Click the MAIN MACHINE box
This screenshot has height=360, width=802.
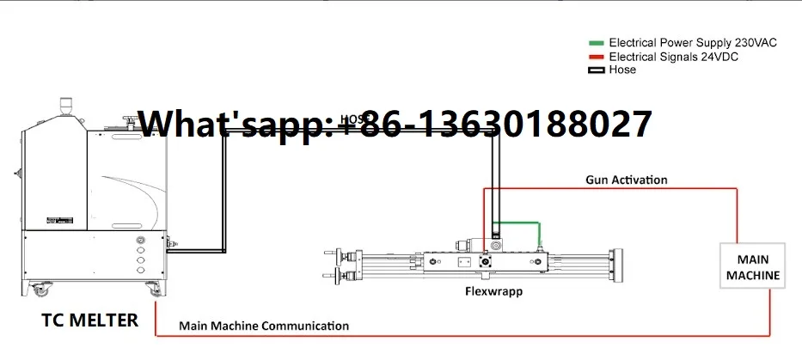point(753,267)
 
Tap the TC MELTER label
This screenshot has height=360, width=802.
point(90,320)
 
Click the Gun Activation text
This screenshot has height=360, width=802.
point(627,180)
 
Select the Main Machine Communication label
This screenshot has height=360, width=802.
point(264,326)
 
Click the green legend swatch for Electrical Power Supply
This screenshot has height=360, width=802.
point(597,42)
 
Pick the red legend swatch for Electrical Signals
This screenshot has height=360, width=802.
point(597,57)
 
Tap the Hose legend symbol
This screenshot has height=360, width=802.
point(597,70)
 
